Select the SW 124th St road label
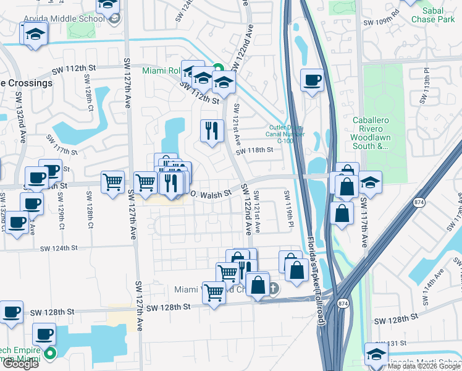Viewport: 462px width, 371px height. click(59, 248)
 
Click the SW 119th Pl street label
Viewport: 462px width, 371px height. click(288, 210)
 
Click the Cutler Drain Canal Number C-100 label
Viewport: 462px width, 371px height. click(291, 134)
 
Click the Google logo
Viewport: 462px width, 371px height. click(20, 364)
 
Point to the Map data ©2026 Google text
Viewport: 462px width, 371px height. click(423, 366)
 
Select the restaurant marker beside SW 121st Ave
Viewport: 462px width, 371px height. click(211, 130)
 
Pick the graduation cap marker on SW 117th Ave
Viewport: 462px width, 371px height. click(370, 182)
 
